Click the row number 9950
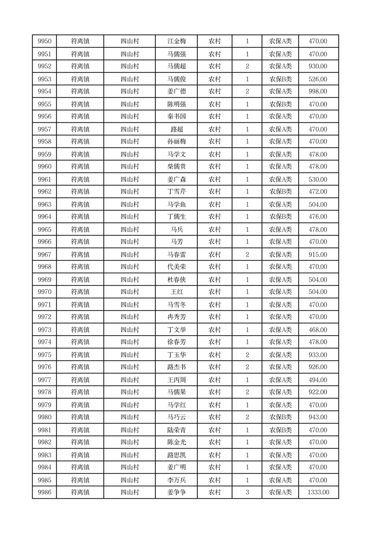tap(44, 41)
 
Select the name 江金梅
tap(176, 41)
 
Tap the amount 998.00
tap(318, 92)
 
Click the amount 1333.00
tap(318, 492)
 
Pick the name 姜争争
tap(176, 492)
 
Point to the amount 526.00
tap(318, 79)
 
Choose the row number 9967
tap(44, 255)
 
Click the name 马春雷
tap(176, 255)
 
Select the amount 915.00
tap(318, 255)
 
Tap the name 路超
tap(176, 129)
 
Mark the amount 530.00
tap(318, 179)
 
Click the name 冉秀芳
tap(176, 317)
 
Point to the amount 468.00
tap(318, 330)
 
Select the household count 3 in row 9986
tap(247, 492)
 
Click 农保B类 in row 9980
tap(280, 417)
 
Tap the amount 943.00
tap(318, 417)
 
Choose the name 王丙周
tap(176, 380)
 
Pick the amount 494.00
tap(318, 380)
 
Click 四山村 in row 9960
tap(130, 167)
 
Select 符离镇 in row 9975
tap(80, 355)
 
